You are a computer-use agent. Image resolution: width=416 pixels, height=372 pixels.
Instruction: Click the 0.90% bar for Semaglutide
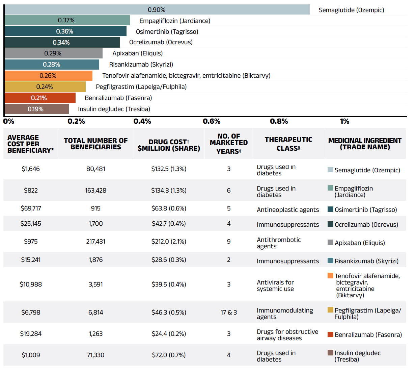(x=157, y=10)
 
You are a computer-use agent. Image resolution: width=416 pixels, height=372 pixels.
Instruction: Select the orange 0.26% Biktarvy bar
(x=48, y=76)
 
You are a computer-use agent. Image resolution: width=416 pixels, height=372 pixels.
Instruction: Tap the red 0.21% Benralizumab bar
(x=40, y=98)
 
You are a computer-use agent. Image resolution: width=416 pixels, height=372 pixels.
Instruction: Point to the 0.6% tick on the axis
(x=212, y=121)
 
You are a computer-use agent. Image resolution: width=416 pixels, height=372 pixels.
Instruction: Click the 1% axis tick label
(x=344, y=121)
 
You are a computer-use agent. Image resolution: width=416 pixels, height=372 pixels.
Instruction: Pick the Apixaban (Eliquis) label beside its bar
(x=138, y=53)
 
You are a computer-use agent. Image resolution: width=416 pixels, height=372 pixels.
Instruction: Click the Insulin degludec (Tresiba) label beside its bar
(x=114, y=109)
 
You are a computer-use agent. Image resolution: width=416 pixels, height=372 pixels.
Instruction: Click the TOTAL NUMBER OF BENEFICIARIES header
(x=95, y=144)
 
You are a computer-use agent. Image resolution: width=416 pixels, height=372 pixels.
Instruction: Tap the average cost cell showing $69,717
(x=31, y=208)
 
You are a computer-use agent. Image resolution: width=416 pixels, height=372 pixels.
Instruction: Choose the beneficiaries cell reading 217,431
(x=95, y=242)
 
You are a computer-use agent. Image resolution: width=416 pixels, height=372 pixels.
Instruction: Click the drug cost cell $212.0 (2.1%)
(x=169, y=242)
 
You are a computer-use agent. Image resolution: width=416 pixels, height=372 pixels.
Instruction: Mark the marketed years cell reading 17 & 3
(x=229, y=313)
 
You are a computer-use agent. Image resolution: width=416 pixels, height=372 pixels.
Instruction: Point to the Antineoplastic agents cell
(x=288, y=210)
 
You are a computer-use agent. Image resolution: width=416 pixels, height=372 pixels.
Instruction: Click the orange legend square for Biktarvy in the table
(x=331, y=276)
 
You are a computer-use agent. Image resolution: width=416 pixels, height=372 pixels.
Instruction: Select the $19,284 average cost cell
(x=31, y=334)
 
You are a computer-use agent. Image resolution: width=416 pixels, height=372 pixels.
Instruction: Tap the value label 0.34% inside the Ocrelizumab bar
(x=61, y=43)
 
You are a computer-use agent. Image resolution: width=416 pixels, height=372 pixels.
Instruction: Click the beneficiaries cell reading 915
(x=95, y=208)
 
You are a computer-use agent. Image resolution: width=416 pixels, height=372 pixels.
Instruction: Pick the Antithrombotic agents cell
(x=279, y=243)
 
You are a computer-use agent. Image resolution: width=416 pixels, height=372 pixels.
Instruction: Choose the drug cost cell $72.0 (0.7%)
(x=169, y=355)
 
